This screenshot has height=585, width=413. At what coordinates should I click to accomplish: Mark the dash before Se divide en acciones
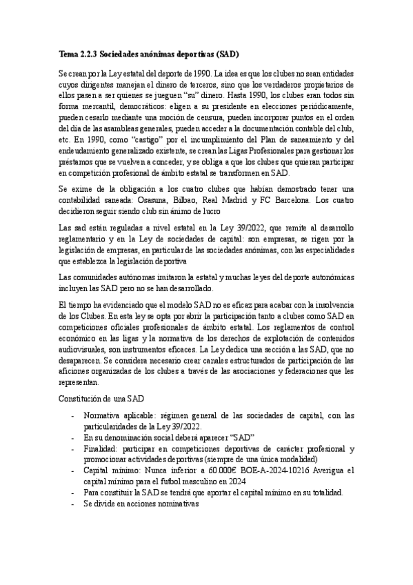click(x=73, y=504)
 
